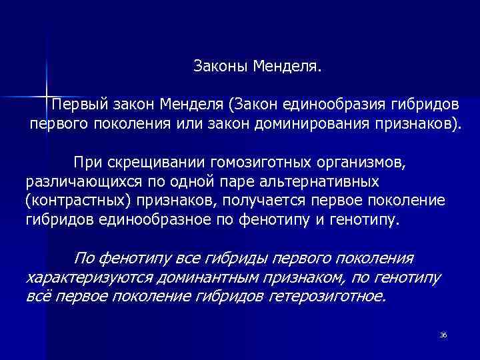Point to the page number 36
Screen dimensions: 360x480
pos(443,334)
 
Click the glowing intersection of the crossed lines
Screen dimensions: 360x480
pos(47,93)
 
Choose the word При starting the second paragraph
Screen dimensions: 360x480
pos(87,163)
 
